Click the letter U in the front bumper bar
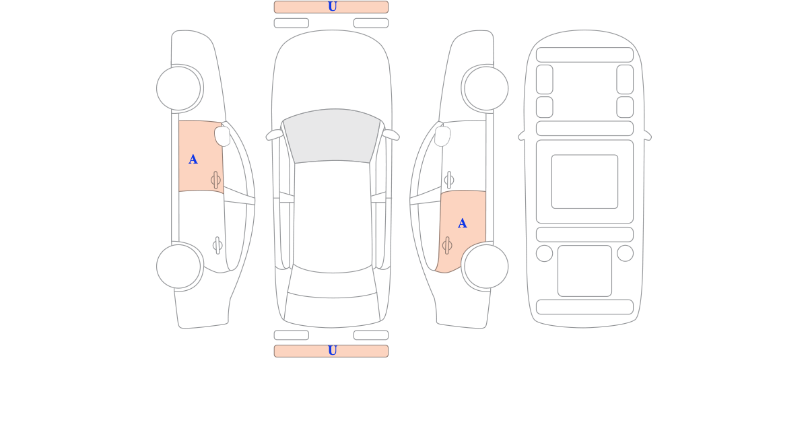pos(332,7)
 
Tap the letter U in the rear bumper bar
pos(332,351)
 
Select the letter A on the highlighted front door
pos(193,160)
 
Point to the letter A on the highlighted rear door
pos(462,224)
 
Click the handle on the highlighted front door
pos(215,180)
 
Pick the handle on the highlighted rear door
pos(447,246)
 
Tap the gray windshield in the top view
pos(332,135)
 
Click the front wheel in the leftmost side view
pos(178,88)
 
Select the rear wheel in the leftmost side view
pos(178,267)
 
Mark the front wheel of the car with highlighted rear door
pos(486,88)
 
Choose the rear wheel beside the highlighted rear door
pos(486,267)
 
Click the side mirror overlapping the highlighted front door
pos(223,136)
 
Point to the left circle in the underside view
pos(544,253)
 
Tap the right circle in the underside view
pos(625,253)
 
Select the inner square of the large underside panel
pos(584,181)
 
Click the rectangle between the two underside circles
pos(584,271)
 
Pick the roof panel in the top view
pos(332,216)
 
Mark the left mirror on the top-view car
pos(275,135)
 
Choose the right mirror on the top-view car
pos(391,135)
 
